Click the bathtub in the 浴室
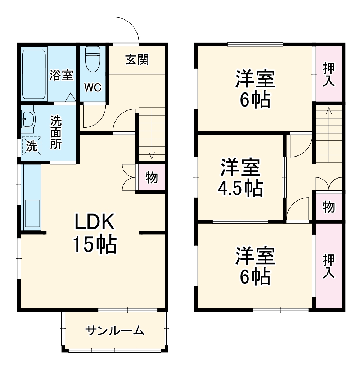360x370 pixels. pos(34,75)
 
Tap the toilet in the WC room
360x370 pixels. pos(93,60)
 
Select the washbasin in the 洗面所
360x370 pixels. pos(27,119)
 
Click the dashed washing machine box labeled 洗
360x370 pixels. pos(32,146)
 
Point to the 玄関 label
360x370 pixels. pos(137,59)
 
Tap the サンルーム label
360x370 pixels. pos(115,330)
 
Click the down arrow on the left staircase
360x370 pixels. pos(152,155)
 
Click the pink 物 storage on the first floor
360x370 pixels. pos(152,177)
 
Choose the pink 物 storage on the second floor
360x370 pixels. pos(328,207)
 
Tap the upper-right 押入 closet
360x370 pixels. pos(329,74)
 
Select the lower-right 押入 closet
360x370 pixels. pos(329,266)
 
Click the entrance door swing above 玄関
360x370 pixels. pos(125,31)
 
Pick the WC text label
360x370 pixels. pos(93,88)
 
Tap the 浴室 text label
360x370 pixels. pos(62,75)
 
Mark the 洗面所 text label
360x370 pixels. pos(56,132)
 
